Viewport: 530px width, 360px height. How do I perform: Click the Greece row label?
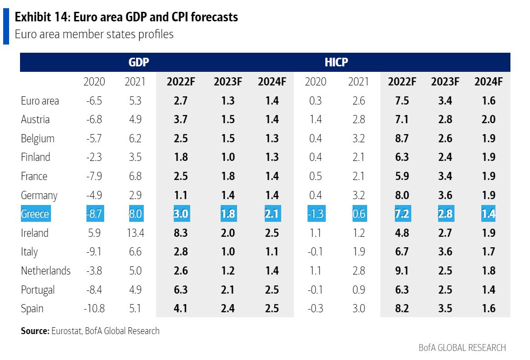tap(35, 214)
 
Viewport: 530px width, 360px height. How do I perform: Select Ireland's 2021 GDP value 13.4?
tap(135, 233)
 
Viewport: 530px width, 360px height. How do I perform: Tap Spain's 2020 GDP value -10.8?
tap(94, 308)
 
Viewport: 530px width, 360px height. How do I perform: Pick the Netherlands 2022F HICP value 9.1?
tap(402, 270)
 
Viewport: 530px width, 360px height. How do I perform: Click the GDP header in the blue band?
tap(139, 62)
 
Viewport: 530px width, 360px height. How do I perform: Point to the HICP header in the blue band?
tap(337, 62)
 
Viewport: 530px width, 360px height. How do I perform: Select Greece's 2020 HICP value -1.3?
tap(315, 214)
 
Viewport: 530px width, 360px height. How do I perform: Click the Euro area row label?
tap(40, 101)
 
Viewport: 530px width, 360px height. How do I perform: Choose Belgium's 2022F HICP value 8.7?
tap(402, 138)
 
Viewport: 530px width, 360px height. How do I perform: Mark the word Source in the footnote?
tap(35, 331)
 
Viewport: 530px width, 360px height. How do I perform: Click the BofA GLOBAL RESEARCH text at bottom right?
tap(462, 348)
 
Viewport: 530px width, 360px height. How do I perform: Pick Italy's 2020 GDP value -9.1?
tap(94, 251)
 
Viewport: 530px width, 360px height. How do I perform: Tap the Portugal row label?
tap(38, 290)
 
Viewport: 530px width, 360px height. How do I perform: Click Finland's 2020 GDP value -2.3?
tap(94, 157)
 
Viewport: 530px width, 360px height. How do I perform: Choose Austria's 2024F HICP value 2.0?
tap(489, 120)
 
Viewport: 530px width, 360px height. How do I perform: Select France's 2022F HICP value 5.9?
tap(402, 176)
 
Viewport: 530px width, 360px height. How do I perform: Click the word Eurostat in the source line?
tap(66, 331)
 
